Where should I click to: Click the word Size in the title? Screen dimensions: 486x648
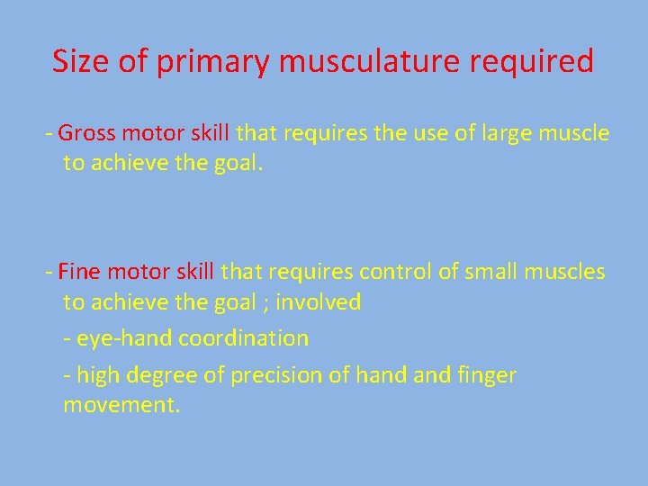80,61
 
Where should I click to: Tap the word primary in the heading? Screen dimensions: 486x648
212,63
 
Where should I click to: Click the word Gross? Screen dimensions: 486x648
88,134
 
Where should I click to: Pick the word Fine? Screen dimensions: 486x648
77,271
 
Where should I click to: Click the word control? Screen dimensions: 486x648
396,271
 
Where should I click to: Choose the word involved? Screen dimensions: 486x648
318,302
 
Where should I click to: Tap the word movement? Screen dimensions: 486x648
121,406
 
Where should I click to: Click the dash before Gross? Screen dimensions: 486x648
49,135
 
